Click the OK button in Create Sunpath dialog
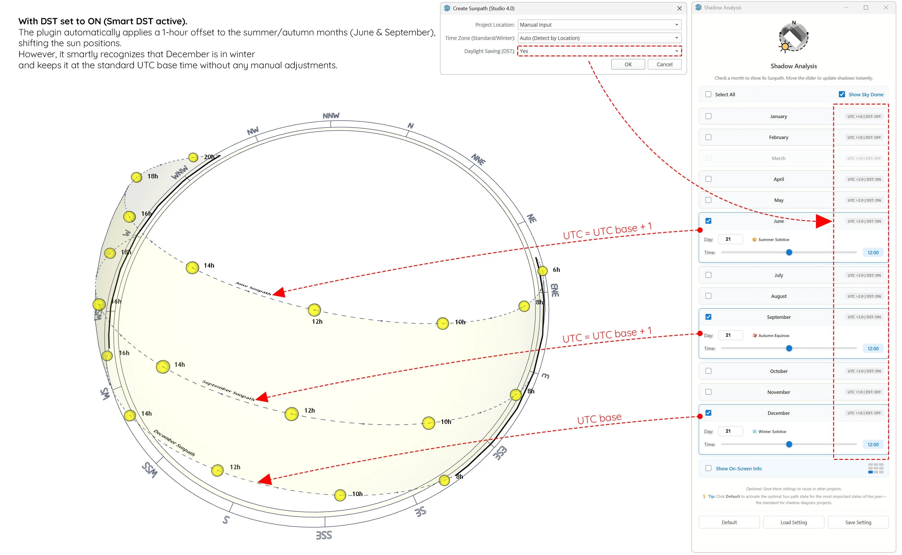point(628,64)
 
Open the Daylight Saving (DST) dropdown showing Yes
point(599,51)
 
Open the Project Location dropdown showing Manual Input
point(599,25)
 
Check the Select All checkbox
point(708,94)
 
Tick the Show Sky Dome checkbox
point(842,94)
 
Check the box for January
point(708,116)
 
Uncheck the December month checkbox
point(708,413)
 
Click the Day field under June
point(730,239)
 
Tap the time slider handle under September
point(789,348)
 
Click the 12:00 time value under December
point(873,445)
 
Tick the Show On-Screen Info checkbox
point(708,468)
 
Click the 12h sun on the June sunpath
point(314,310)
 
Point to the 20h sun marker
point(193,157)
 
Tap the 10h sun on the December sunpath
point(340,495)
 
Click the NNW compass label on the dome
point(331,116)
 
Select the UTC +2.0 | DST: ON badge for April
point(864,180)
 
